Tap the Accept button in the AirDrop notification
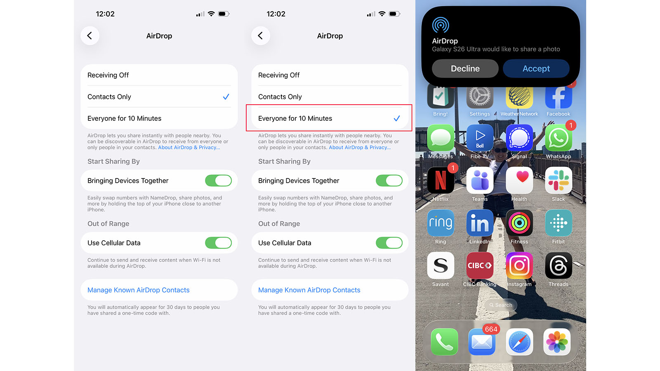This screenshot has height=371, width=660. (x=536, y=68)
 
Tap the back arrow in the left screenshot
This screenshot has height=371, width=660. (x=90, y=36)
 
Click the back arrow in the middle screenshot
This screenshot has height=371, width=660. (x=260, y=36)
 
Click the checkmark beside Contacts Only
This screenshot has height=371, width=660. (x=226, y=97)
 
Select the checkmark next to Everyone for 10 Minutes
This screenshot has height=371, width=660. (x=397, y=118)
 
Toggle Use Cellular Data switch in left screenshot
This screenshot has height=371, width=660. (x=218, y=243)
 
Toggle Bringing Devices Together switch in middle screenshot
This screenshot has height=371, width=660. (x=389, y=181)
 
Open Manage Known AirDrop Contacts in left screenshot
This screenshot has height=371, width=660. (x=139, y=290)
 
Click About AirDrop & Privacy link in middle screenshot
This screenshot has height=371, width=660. (x=359, y=148)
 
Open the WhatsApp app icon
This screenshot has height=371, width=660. (x=558, y=138)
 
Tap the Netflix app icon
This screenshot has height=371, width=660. (x=441, y=181)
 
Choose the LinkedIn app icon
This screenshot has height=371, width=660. (x=480, y=223)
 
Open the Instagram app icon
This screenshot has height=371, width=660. (x=519, y=265)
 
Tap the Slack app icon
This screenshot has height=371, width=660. (x=558, y=181)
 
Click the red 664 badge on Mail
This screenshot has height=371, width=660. (x=491, y=329)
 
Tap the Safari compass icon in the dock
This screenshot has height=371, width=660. (x=519, y=342)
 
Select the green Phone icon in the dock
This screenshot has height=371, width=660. (x=444, y=342)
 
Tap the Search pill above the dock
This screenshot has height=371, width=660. (x=500, y=305)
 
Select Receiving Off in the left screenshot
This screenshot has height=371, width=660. (x=108, y=75)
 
